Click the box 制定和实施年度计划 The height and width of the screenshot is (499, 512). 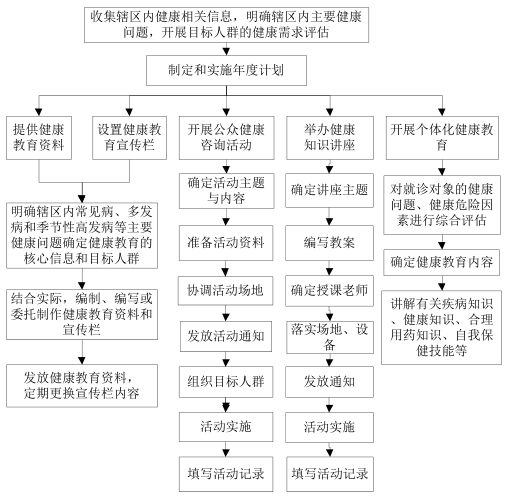tap(226, 70)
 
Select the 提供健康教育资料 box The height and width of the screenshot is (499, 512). tap(39, 138)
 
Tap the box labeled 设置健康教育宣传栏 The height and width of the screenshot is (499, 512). tap(129, 138)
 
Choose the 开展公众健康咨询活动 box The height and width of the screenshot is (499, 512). tap(226, 138)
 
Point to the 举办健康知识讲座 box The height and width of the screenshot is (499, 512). tap(330, 138)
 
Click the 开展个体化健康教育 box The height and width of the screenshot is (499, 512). tap(442, 138)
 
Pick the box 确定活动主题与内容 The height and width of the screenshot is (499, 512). tap(226, 191)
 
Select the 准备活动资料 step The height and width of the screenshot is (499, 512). tap(226, 243)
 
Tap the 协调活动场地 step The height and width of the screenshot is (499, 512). tap(225, 290)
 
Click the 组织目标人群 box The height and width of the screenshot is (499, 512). tap(226, 382)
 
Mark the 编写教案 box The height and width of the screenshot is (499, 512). tap(329, 243)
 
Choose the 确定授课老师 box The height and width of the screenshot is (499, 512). tap(329, 291)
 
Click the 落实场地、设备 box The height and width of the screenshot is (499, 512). tap(330, 337)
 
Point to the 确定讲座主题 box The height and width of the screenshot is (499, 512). tap(329, 190)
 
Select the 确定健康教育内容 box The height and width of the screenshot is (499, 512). tap(441, 262)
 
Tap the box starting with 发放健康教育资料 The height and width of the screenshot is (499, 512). tap(82, 386)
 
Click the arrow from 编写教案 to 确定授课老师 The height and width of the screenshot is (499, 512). tap(330, 268)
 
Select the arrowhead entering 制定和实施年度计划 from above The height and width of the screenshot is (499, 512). tap(226, 51)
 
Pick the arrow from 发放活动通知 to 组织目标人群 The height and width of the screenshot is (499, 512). tap(226, 359)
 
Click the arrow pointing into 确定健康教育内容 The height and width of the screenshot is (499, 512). tap(442, 242)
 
